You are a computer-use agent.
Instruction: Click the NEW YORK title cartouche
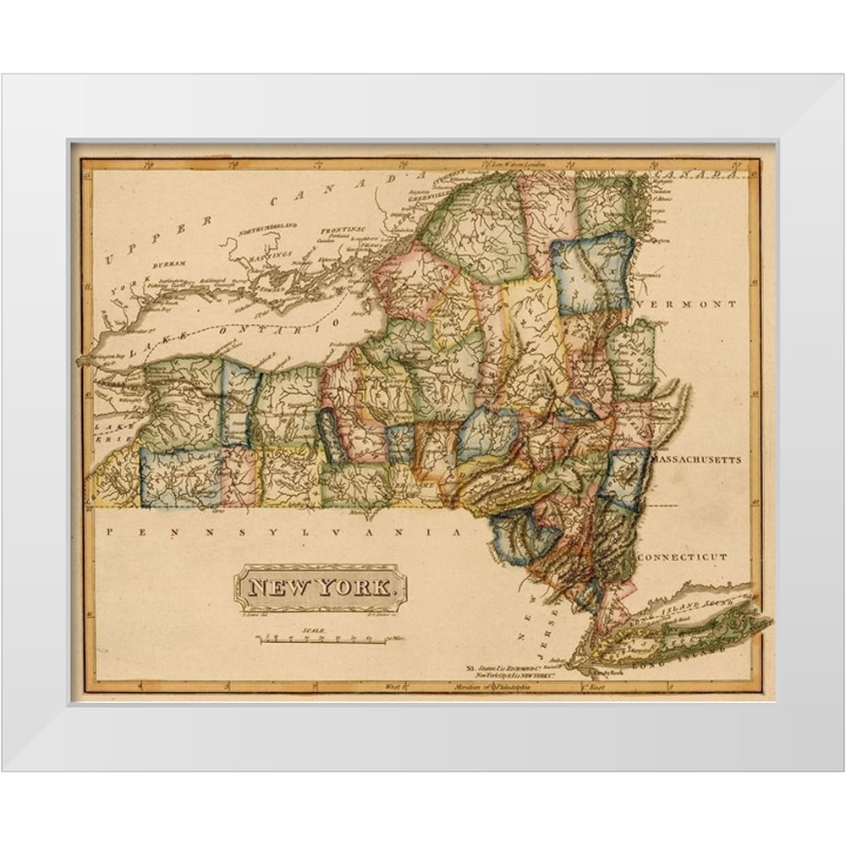321,588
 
